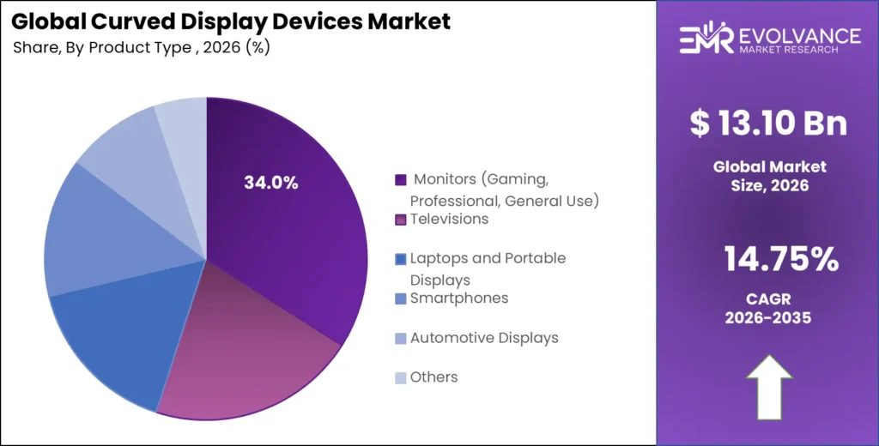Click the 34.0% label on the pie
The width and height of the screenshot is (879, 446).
(x=271, y=183)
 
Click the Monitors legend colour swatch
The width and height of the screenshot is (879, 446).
(x=400, y=180)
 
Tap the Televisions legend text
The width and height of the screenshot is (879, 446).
(x=449, y=220)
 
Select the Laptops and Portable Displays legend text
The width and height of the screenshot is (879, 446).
(x=488, y=268)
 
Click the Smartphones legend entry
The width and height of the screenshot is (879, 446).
(x=458, y=298)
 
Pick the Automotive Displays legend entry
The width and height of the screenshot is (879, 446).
(x=484, y=338)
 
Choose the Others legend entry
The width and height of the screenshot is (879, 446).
(x=433, y=377)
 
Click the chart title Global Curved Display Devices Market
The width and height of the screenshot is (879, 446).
(x=232, y=21)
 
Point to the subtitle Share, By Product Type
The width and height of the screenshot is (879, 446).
(x=142, y=47)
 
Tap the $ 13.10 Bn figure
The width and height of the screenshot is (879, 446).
(x=768, y=124)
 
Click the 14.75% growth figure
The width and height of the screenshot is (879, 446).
(x=768, y=259)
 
